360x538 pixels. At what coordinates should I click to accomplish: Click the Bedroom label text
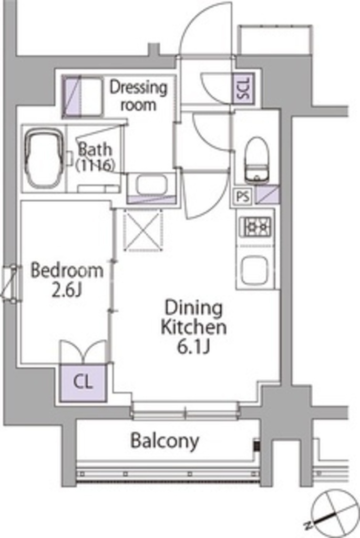67,271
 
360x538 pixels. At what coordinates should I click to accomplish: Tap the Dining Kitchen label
194,317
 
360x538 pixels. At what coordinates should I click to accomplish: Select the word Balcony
164,441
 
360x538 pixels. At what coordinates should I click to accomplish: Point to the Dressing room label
138,96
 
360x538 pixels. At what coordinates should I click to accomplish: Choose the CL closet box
83,382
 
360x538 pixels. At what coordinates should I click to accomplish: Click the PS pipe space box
243,197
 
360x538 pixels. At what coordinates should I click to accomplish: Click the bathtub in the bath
45,160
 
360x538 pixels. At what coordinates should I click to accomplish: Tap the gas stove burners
256,226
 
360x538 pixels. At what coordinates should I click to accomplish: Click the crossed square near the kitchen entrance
143,230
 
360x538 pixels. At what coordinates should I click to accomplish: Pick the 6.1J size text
193,347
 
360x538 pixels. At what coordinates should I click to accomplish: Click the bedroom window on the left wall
12,283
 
